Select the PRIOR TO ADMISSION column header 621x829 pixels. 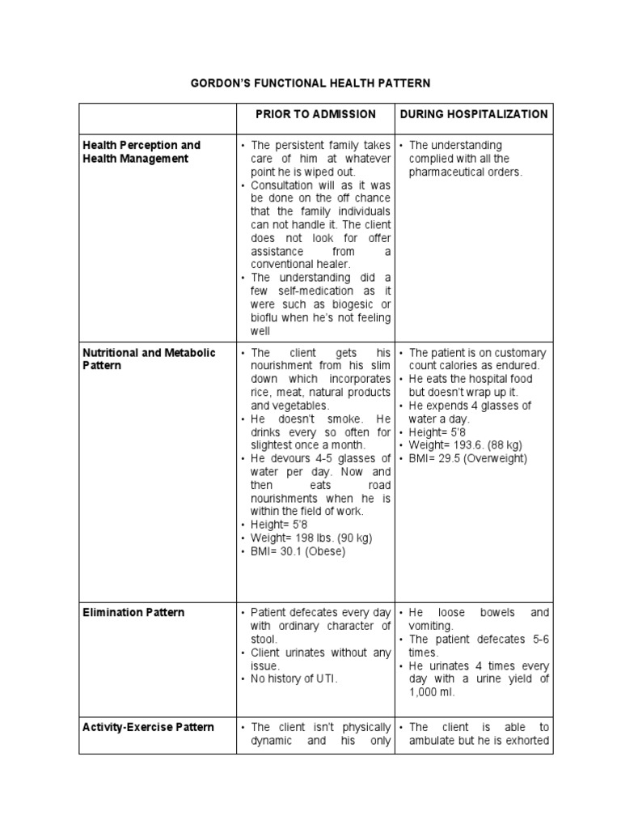pyautogui.click(x=315, y=114)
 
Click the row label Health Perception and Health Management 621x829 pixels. pyautogui.click(x=142, y=151)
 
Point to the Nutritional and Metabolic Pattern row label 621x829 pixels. pyautogui.click(x=149, y=359)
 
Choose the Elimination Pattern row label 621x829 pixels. pyautogui.click(x=133, y=612)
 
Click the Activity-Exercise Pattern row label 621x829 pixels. pyautogui.click(x=149, y=727)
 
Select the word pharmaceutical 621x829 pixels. pyautogui.click(x=448, y=172)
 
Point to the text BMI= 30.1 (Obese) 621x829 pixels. pyautogui.click(x=298, y=551)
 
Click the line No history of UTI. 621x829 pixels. pyautogui.click(x=294, y=679)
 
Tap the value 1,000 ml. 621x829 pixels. pyautogui.click(x=437, y=693)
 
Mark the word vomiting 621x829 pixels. pyautogui.click(x=432, y=626)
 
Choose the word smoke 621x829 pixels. pyautogui.click(x=346, y=419)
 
